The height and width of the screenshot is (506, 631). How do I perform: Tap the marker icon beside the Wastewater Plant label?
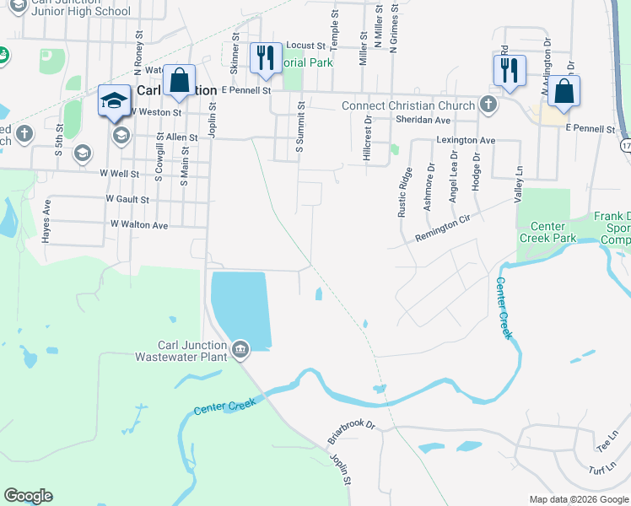tap(240, 348)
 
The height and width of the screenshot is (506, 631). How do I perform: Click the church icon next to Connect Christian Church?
tap(487, 105)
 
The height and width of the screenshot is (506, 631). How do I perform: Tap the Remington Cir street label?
tap(441, 229)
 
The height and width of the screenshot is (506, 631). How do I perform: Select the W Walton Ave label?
tap(139, 225)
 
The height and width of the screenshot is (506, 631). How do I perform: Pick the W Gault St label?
tap(127, 200)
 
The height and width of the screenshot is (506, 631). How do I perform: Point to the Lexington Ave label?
tap(465, 140)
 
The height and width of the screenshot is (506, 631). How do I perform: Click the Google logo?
tap(28, 496)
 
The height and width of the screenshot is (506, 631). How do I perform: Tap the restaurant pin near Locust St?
tap(265, 57)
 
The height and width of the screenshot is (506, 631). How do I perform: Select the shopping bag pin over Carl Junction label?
tap(179, 81)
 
